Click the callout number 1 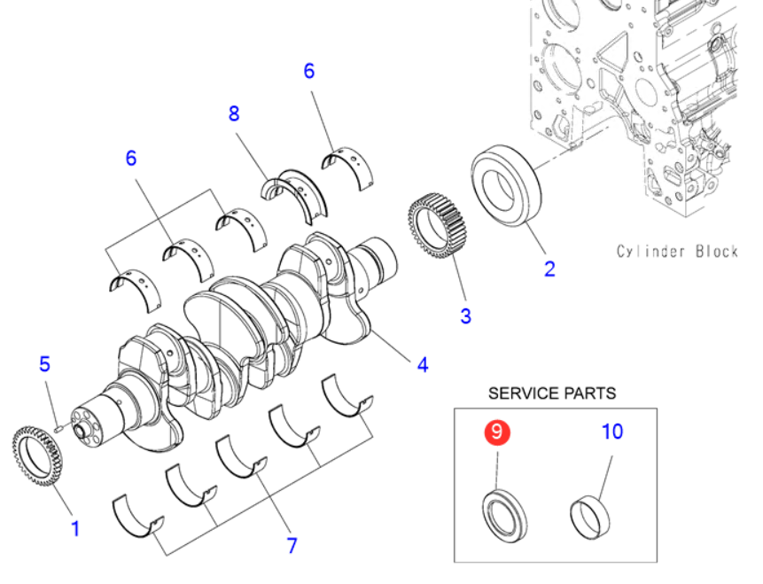pyautogui.click(x=75, y=529)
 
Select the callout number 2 pyautogui.click(x=549, y=269)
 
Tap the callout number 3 pyautogui.click(x=465, y=315)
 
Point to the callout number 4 pyautogui.click(x=423, y=363)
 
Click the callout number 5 pyautogui.click(x=45, y=363)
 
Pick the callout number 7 pyautogui.click(x=292, y=545)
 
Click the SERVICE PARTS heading pyautogui.click(x=551, y=393)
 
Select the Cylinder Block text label pyautogui.click(x=677, y=251)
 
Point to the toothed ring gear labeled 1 pyautogui.click(x=39, y=456)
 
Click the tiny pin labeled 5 pyautogui.click(x=58, y=424)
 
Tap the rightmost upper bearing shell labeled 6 pyautogui.click(x=352, y=165)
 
